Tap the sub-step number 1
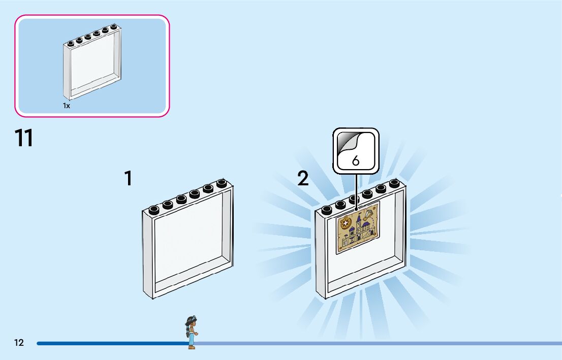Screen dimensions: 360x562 (x=129, y=178)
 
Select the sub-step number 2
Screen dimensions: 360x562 (x=303, y=178)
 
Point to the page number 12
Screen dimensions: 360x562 (x=19, y=343)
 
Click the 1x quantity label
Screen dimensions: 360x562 (x=67, y=106)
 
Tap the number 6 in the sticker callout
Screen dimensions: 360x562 (x=356, y=160)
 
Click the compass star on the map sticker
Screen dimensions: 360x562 (x=345, y=222)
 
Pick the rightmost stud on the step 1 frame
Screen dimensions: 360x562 (x=221, y=184)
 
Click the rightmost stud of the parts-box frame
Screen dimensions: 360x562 (x=114, y=27)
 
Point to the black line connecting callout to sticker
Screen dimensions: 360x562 (x=356, y=188)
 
